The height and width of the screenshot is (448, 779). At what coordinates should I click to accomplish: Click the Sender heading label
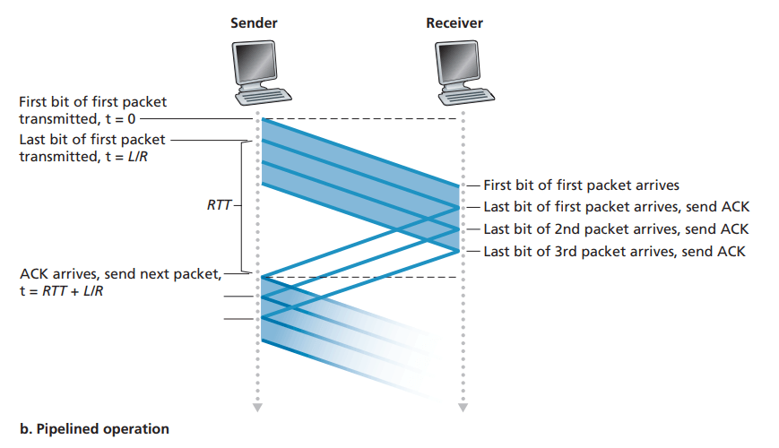click(x=255, y=22)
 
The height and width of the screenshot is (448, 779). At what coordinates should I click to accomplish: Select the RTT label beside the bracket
click(x=218, y=206)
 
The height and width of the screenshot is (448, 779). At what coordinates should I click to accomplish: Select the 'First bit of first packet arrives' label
click(x=581, y=185)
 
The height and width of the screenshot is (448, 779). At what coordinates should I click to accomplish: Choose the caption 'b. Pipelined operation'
click(x=93, y=428)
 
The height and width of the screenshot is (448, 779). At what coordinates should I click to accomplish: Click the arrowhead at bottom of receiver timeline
click(x=463, y=408)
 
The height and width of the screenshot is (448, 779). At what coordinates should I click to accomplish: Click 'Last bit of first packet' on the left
click(x=92, y=140)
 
